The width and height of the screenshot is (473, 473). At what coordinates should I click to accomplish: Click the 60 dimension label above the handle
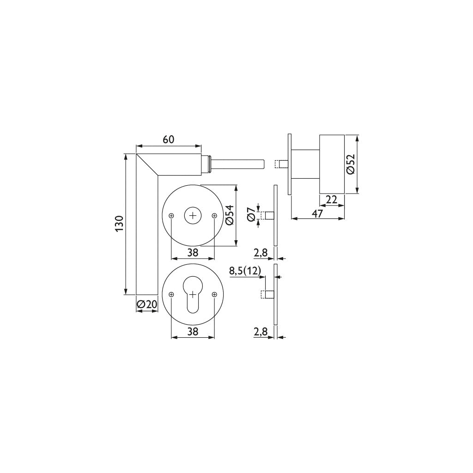tap(168, 139)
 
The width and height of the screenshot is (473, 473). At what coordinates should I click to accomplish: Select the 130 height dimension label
tap(119, 224)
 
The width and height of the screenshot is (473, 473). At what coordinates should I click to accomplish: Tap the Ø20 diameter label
tap(147, 304)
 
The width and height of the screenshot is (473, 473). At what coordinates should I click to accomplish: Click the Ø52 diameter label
tap(351, 164)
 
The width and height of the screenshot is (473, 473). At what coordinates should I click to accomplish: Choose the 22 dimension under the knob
tap(332, 199)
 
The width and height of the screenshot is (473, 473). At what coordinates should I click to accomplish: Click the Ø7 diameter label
tap(251, 215)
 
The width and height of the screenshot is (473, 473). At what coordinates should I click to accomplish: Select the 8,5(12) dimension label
tap(245, 271)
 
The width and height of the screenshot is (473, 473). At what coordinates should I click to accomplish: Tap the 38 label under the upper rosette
tap(193, 252)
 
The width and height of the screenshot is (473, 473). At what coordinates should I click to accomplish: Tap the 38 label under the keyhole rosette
tap(193, 331)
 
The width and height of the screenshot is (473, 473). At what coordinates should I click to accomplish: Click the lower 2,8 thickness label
tap(261, 331)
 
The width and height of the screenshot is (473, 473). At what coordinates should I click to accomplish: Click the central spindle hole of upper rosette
tap(193, 215)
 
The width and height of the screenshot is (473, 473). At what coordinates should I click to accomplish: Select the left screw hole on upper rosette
tap(171, 215)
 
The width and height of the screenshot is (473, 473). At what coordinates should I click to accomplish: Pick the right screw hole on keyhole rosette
tap(214, 295)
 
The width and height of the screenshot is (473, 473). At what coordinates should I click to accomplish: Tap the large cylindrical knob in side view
tap(332, 164)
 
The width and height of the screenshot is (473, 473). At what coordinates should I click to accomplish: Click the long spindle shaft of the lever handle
tap(238, 164)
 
